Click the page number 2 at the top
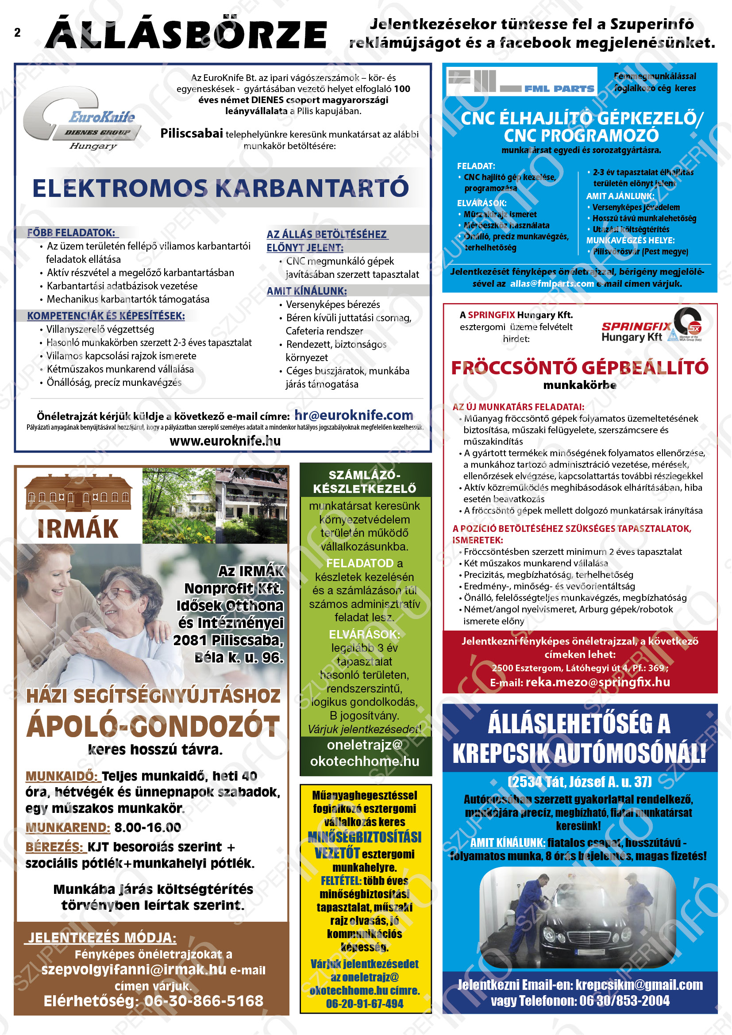pos(17,32)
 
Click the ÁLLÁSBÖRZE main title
pos(186,34)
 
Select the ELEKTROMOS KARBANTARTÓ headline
pos(220,188)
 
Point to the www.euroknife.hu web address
pos(225,441)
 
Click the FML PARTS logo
pos(521,81)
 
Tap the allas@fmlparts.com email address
pos(552,284)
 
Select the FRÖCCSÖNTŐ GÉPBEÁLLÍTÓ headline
pos(580,367)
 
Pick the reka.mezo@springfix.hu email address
pos(597,682)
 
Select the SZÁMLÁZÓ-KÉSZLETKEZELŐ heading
pos(365,481)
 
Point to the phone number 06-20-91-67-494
pos(365,1004)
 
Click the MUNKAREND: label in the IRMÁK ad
pos(68,827)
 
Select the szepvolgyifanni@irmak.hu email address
pos(133,970)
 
